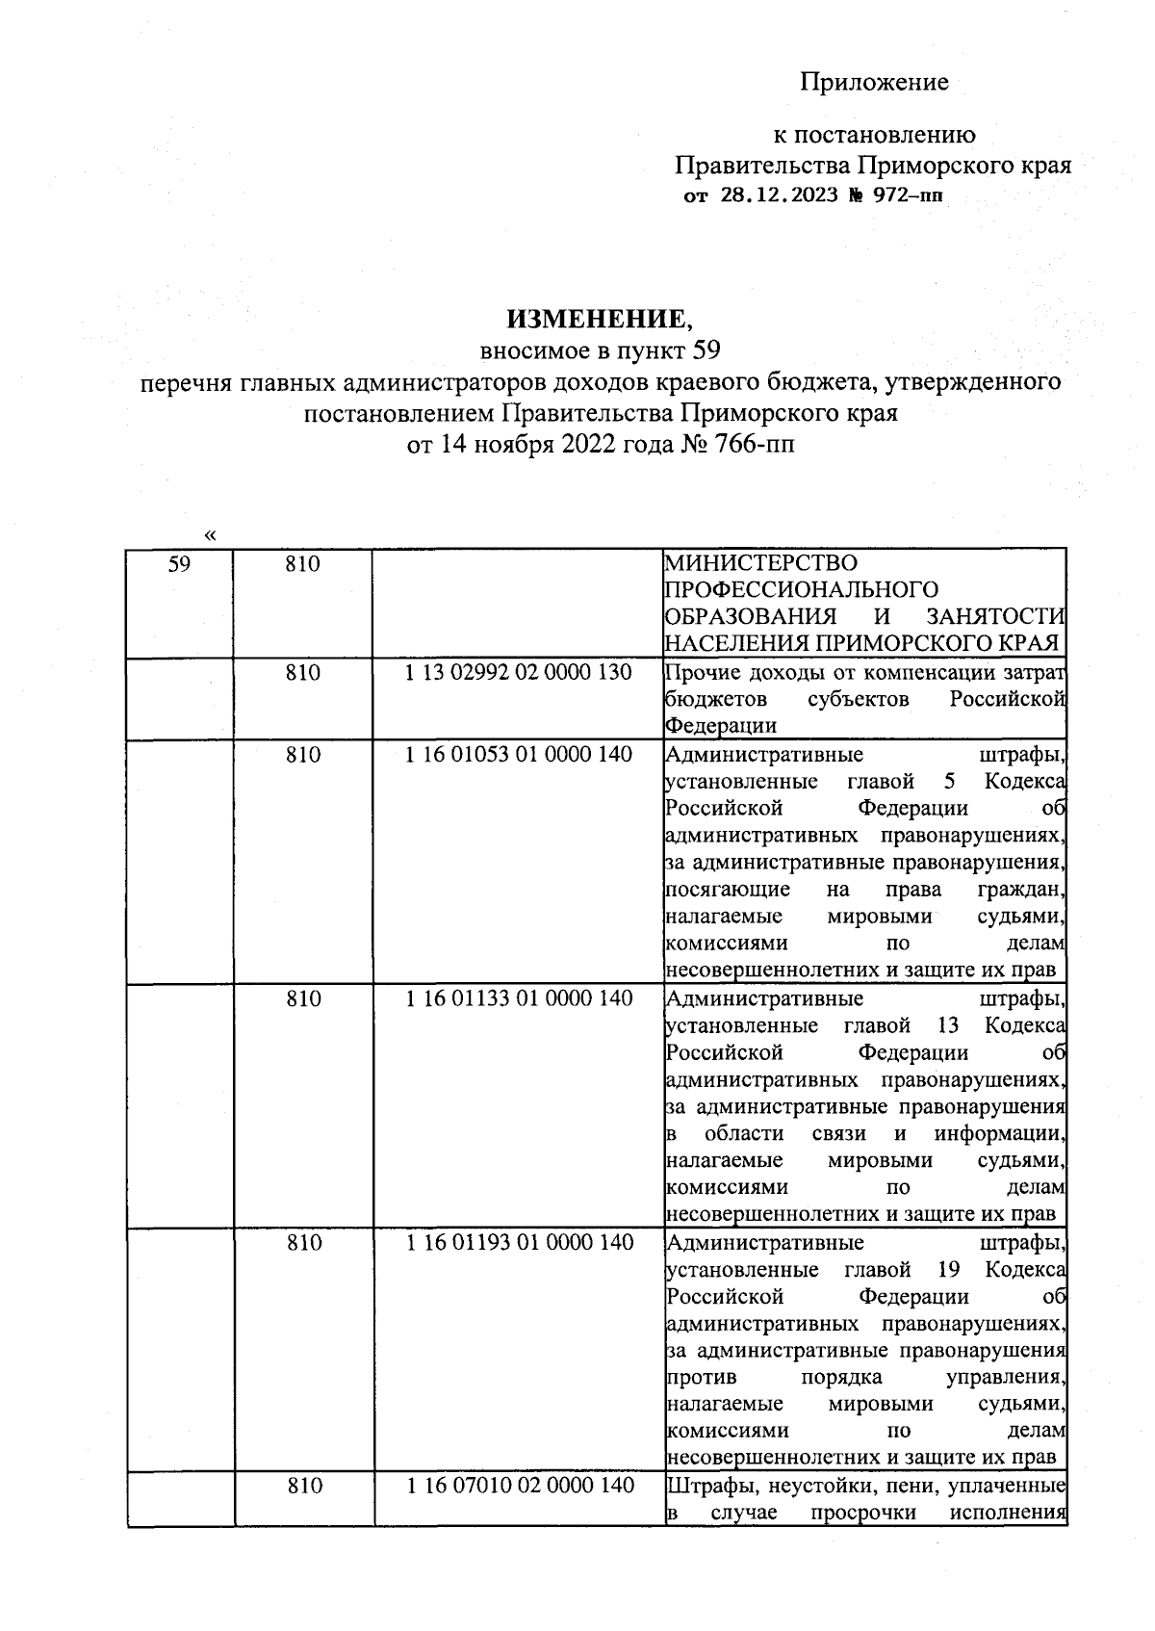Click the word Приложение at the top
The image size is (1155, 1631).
[x=874, y=83]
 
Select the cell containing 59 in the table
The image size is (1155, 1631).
[x=179, y=564]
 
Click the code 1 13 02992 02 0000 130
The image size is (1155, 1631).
[x=519, y=673]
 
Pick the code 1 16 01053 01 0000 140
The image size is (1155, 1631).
[x=519, y=755]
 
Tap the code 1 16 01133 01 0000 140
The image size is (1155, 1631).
[x=519, y=999]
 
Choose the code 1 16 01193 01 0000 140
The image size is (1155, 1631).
[x=519, y=1243]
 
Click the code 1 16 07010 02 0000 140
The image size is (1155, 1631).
[x=519, y=1487]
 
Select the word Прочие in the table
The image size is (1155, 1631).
[x=700, y=673]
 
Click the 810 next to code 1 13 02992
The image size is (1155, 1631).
[x=302, y=673]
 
